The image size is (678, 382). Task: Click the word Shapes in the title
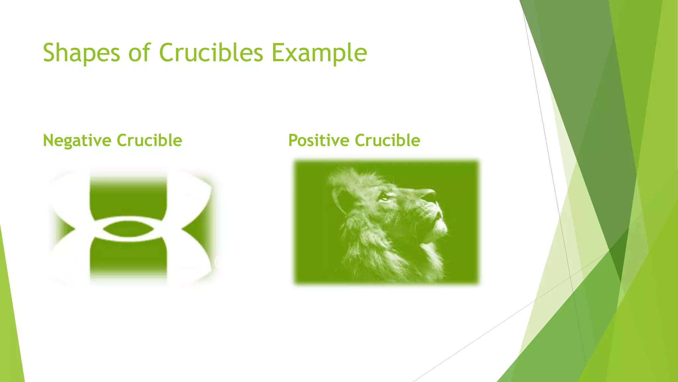pos(81,53)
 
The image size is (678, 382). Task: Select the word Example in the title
pos(319,53)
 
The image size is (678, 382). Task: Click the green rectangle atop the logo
pos(128,197)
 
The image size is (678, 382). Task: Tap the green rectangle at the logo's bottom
pos(128,255)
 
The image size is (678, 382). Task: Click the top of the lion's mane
pos(351,176)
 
